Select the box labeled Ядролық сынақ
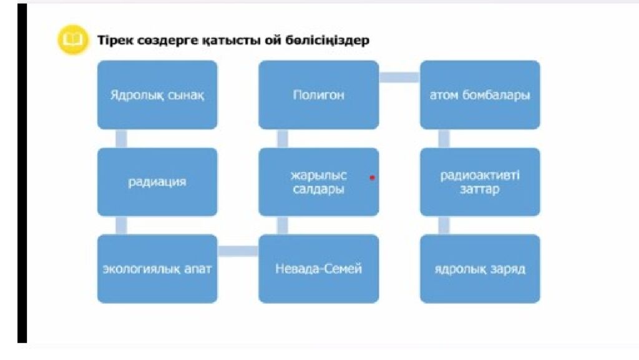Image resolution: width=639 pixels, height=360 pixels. tap(157, 95)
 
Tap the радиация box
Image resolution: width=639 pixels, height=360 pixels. tap(157, 182)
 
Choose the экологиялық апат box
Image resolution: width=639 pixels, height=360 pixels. tap(157, 269)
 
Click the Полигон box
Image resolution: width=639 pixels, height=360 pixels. tap(318, 95)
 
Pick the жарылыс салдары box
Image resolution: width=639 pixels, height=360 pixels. tap(318, 182)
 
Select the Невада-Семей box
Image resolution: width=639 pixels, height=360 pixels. tap(318, 269)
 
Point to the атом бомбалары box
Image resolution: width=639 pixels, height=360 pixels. tap(480, 95)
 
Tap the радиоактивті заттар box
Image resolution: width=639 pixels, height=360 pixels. tap(480, 182)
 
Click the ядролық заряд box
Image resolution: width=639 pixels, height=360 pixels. tap(480, 269)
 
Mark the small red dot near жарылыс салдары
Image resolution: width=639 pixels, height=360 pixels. tap(372, 177)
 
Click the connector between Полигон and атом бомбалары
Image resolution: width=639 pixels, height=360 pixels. tap(399, 77)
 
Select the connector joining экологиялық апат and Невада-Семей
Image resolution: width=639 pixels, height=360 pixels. tap(238, 251)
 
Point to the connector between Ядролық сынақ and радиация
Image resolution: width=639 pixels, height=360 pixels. tap(121, 139)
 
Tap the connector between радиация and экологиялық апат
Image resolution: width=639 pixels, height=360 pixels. tap(121, 225)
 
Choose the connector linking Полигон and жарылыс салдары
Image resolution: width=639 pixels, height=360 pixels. tap(282, 139)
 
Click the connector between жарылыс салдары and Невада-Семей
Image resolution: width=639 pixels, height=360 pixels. tap(282, 225)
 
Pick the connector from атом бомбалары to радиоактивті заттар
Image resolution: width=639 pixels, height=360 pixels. tap(444, 139)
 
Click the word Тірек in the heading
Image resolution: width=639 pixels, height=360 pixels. tap(112, 41)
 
